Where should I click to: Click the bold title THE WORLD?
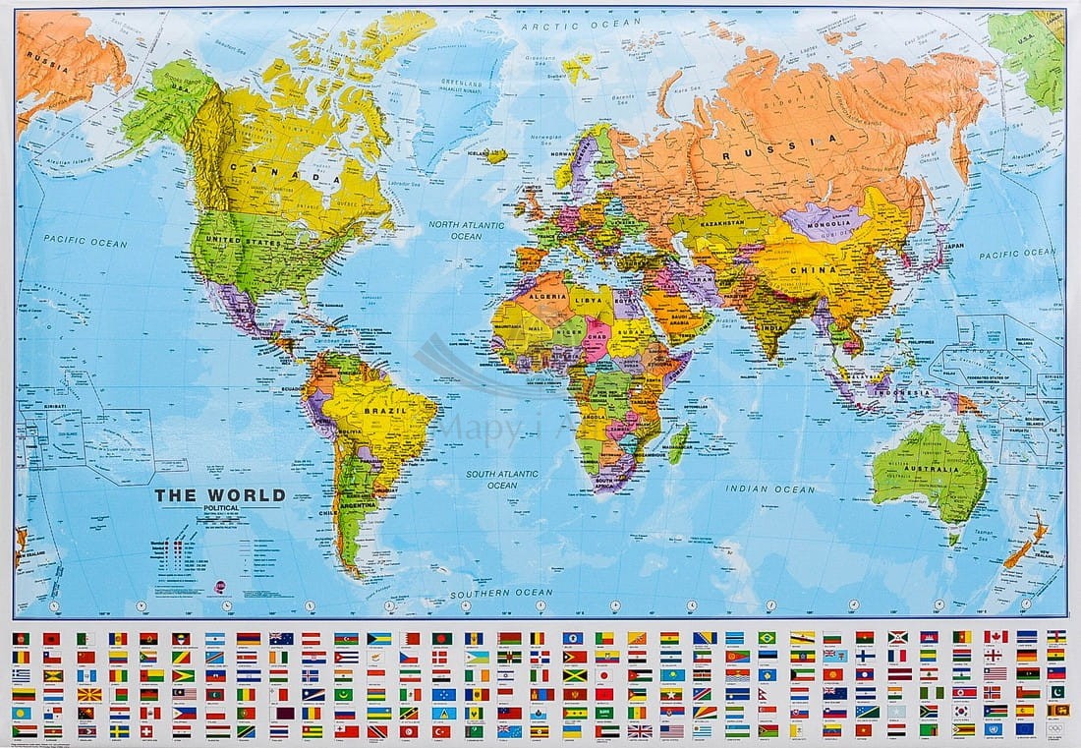pyautogui.click(x=219, y=495)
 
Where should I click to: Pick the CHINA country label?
pyautogui.click(x=812, y=269)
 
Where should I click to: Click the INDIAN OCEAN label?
pyautogui.click(x=770, y=489)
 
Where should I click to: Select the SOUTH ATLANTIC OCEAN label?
pyautogui.click(x=502, y=479)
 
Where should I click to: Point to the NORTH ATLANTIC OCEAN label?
pyautogui.click(x=466, y=230)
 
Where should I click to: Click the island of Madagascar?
pyautogui.click(x=678, y=441)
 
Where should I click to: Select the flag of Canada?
pyautogui.click(x=996, y=636)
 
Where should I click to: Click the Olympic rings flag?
pyautogui.click(x=1055, y=729)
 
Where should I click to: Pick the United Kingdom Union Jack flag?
pyautogui.click(x=640, y=730)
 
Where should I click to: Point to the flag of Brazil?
pyautogui.click(x=768, y=637)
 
